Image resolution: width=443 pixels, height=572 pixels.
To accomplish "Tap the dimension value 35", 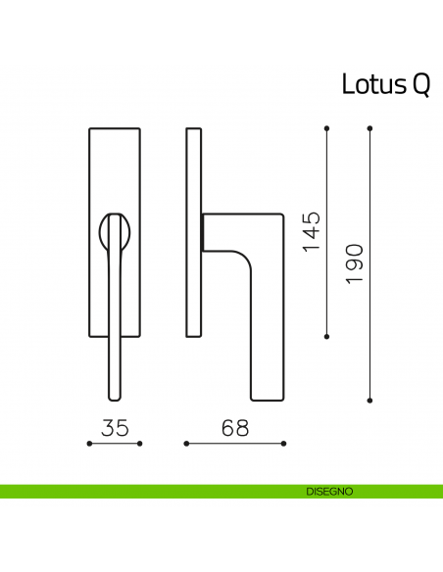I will pos(115,428).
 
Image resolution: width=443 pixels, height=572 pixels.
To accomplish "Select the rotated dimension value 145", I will pos(312,232).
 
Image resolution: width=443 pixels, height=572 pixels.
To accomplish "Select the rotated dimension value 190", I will pos(355,263).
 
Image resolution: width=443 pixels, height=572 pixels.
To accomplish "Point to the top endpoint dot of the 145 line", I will pos(326,128).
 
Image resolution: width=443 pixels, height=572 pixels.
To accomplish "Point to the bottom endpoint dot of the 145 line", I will pos(326,336).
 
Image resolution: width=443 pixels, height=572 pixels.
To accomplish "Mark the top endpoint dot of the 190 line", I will pos(369,128).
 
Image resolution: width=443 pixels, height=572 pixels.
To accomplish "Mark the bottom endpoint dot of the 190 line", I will pos(369,400).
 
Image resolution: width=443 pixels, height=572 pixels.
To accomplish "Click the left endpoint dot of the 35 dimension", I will pos(89,444).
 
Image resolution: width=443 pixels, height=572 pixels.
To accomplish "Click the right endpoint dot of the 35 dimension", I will pos(140,444).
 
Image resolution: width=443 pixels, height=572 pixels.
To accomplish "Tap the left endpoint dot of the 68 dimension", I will pos(185,444).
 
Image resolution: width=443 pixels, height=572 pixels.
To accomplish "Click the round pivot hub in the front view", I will pos(115,231).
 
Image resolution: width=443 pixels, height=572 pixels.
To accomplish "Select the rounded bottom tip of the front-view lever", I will pos(115,395).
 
